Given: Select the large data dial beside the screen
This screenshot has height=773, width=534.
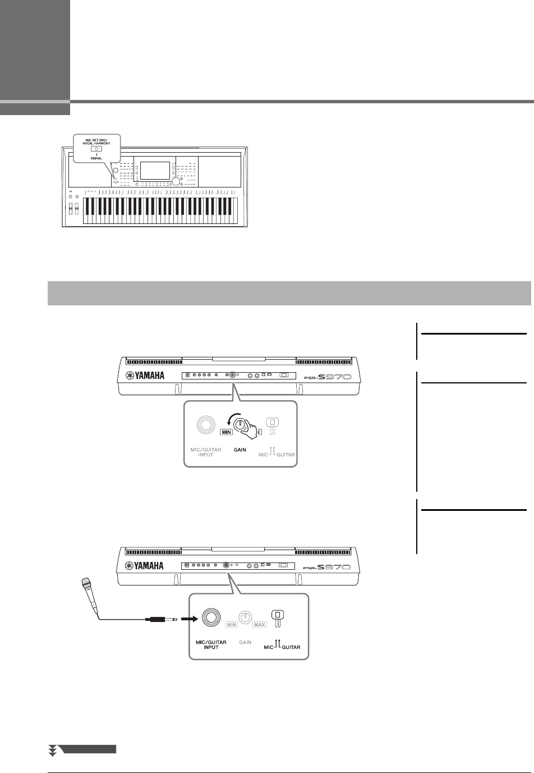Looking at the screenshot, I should click(177, 182).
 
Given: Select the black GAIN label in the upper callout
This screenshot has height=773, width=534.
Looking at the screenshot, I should click(240, 450).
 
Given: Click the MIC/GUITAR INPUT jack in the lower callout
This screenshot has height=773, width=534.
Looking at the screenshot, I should click(211, 618).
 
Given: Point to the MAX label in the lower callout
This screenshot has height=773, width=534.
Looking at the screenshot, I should click(260, 624).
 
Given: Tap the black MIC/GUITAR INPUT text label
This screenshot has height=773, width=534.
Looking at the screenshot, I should click(211, 644).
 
